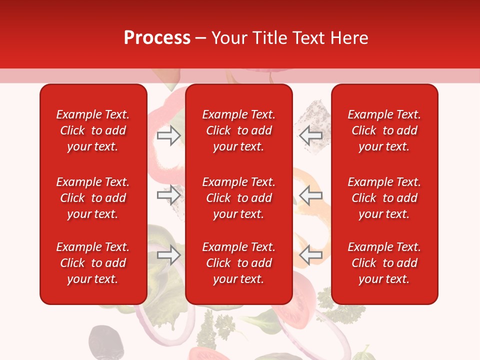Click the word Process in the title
coord(157,38)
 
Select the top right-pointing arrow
coord(168,135)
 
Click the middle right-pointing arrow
coord(168,195)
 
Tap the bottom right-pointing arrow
coord(168,255)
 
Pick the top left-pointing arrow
coord(311,135)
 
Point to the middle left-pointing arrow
coord(311,195)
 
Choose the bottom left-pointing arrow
coord(311,255)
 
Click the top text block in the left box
coord(93,130)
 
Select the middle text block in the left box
coord(93,198)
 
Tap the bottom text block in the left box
coord(93,263)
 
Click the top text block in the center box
coord(238,130)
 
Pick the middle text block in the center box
coord(238,198)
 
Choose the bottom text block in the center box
coord(238,263)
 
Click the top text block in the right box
coord(384,130)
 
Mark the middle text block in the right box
coord(384,198)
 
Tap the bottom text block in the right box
coord(384,263)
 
